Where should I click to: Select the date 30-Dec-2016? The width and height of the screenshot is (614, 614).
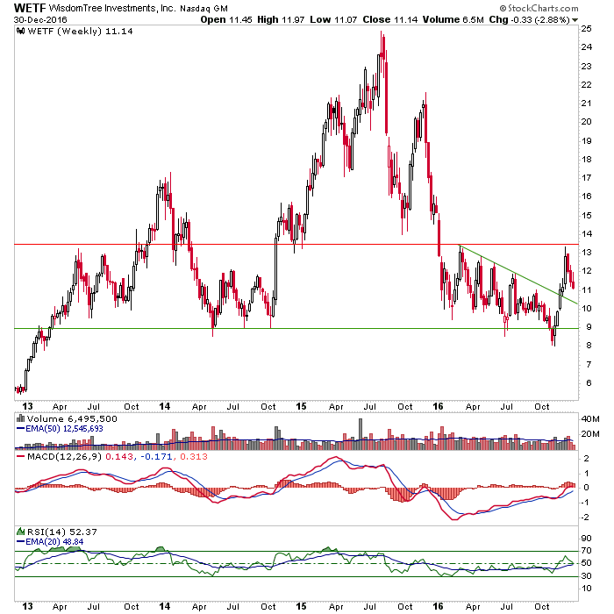pyautogui.click(x=31, y=20)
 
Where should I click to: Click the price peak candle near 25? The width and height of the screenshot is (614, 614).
pyautogui.click(x=382, y=35)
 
